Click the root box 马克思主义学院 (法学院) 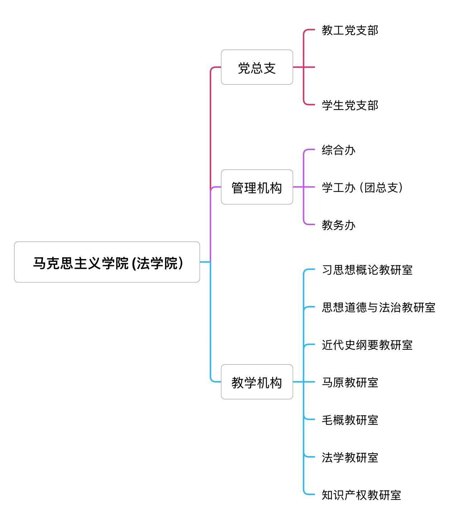[107, 262]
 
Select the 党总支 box [257, 67]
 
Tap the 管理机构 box [257, 187]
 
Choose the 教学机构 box [257, 382]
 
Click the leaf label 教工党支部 [350, 30]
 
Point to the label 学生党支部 [350, 105]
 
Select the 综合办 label [338, 150]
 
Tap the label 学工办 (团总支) [362, 187]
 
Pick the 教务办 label [338, 225]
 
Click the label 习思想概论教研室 [367, 270]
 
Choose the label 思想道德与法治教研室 [378, 307]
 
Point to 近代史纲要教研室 [367, 345]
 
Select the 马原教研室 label [350, 382]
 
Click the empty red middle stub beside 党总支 [310, 67]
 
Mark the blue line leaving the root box [205, 262]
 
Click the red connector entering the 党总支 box [216, 67]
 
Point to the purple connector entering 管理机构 [216, 187]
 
